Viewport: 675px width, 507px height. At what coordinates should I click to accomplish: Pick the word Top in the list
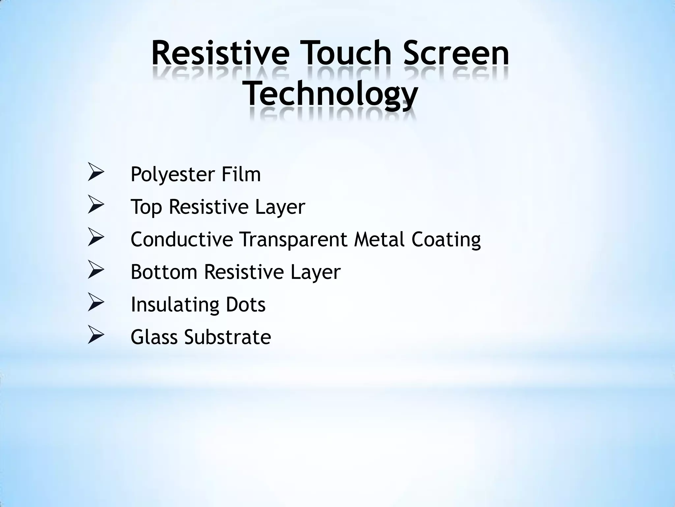[x=146, y=207]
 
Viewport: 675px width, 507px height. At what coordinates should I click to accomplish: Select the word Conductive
[x=182, y=239]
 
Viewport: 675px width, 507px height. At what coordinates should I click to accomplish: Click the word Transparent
[x=293, y=240]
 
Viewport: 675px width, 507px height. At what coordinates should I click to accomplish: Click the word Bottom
[x=164, y=272]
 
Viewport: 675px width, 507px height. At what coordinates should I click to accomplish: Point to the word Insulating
[x=175, y=304]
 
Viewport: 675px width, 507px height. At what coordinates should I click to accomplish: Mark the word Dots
[x=246, y=304]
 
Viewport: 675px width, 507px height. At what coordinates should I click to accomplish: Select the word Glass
[x=154, y=337]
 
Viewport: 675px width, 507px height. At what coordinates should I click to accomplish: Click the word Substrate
[x=228, y=337]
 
